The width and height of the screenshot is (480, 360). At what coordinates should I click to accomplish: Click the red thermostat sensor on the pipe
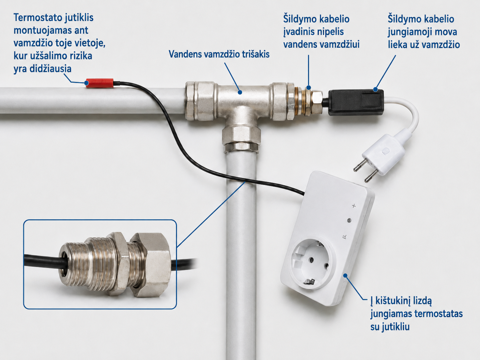click(x=99, y=83)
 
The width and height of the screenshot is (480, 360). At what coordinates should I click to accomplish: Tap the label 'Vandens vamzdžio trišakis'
click(x=219, y=54)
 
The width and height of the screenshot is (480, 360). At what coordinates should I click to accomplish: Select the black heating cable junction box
click(x=356, y=102)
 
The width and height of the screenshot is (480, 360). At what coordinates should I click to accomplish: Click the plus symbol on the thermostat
click(x=354, y=206)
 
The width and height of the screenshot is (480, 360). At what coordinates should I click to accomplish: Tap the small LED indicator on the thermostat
click(x=349, y=220)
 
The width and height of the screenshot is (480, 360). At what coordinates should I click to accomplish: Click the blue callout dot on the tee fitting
click(x=240, y=92)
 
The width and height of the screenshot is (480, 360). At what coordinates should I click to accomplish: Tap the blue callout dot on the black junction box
click(x=376, y=89)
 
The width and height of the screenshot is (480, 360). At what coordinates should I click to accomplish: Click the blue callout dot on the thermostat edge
click(x=345, y=275)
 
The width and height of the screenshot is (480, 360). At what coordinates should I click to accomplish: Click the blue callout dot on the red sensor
click(x=87, y=83)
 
